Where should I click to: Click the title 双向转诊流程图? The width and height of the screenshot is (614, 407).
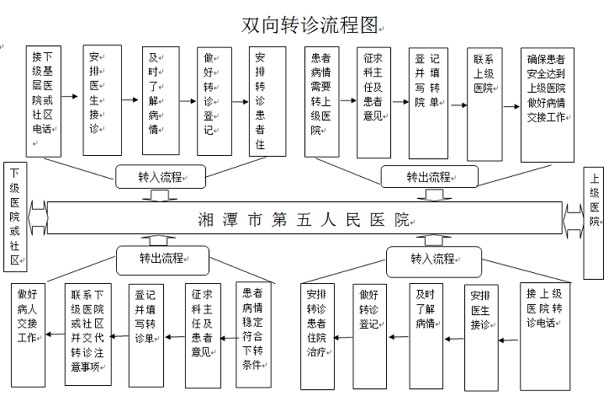click(x=310, y=25)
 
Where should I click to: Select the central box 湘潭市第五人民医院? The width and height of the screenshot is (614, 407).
click(x=304, y=218)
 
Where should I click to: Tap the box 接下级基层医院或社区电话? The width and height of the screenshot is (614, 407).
click(x=44, y=101)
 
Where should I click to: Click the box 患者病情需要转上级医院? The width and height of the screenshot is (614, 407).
click(x=322, y=102)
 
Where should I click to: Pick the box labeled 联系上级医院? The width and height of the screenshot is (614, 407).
click(x=484, y=104)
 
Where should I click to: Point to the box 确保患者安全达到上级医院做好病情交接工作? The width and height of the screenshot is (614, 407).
click(x=547, y=104)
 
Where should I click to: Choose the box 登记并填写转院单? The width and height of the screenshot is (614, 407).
click(x=428, y=103)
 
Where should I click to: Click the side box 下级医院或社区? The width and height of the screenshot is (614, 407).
click(x=15, y=217)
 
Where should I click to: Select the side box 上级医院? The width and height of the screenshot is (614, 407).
click(x=593, y=223)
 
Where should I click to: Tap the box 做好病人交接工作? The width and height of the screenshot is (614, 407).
click(x=28, y=335)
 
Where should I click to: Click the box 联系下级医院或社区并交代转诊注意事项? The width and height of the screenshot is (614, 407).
click(x=88, y=334)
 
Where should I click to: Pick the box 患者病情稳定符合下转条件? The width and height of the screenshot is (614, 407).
click(x=253, y=335)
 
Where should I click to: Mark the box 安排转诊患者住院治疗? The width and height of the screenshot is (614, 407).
click(x=317, y=336)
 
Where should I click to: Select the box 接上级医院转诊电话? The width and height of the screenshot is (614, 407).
click(x=545, y=337)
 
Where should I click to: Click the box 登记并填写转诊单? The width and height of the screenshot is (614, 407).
click(x=146, y=335)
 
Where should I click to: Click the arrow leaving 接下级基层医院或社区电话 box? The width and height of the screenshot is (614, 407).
click(x=70, y=96)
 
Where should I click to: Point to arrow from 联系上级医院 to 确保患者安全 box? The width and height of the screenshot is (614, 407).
click(x=511, y=106)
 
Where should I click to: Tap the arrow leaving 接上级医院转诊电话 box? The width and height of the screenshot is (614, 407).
click(x=509, y=340)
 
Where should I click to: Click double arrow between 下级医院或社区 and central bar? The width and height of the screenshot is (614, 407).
click(x=38, y=218)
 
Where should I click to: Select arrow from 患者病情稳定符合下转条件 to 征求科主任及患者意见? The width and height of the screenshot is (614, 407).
click(x=228, y=338)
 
